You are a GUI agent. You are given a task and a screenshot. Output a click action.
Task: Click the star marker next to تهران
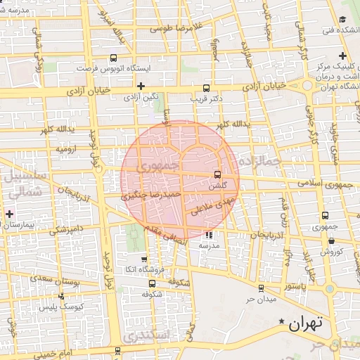click(283, 322)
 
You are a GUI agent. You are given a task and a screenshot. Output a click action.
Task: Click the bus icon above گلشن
click(217, 174)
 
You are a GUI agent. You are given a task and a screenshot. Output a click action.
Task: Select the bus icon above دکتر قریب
click(206, 89)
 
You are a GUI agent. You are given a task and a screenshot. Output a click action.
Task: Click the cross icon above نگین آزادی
click(141, 86)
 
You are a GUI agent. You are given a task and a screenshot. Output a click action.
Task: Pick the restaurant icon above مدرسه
click(208, 235)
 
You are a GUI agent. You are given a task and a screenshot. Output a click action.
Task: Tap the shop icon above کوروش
click(330, 241)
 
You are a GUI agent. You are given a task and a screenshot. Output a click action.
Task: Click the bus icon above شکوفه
click(153, 283)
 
